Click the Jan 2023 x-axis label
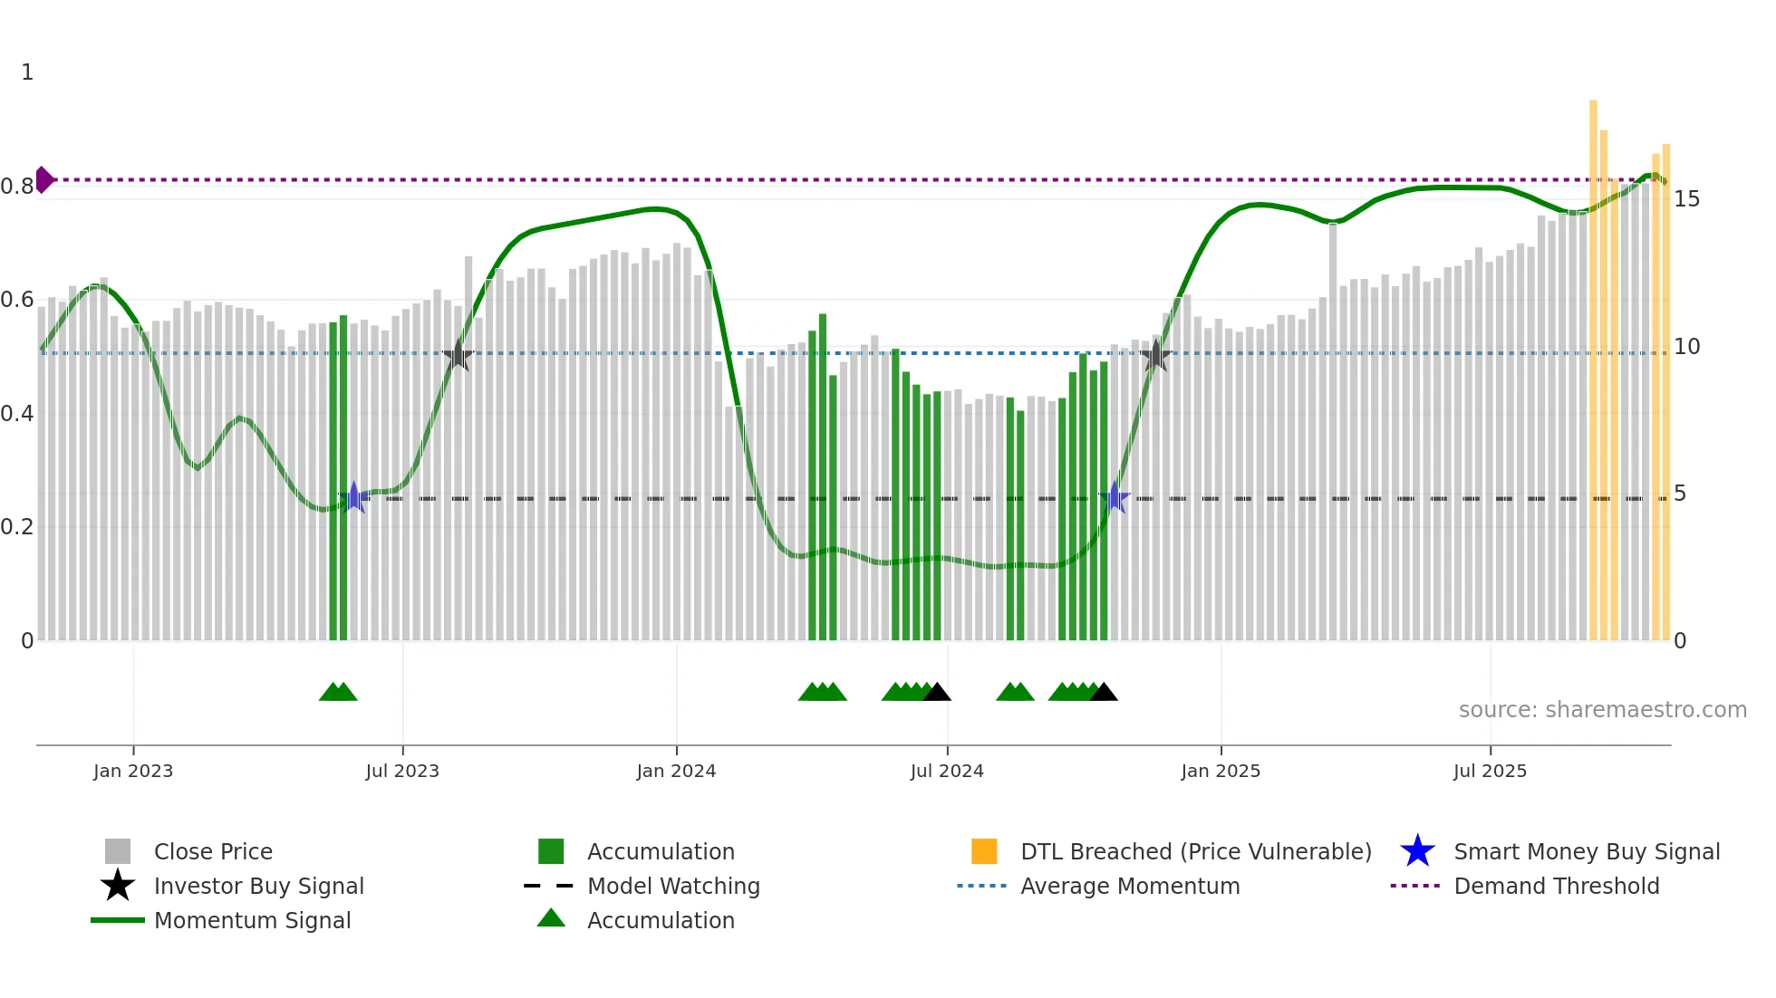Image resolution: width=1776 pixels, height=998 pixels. point(133,772)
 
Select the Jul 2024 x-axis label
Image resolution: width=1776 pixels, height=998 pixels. point(947,772)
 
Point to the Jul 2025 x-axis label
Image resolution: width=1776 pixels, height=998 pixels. point(1490,772)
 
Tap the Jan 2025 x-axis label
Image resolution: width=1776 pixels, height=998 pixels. point(1221,772)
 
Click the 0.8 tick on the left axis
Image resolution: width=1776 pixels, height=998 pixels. point(17,187)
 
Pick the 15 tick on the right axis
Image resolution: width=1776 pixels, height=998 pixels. point(1686,199)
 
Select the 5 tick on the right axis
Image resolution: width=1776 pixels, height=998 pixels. point(1680,494)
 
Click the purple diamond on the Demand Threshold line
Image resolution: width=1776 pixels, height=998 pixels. point(43,179)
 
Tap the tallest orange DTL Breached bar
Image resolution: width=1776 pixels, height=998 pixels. point(1593,362)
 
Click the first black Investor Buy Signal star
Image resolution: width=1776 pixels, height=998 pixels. point(458,355)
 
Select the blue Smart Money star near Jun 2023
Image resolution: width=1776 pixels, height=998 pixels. point(354,498)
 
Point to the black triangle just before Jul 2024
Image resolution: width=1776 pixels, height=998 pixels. point(937,693)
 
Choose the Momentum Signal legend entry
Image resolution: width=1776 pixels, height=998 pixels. point(252,921)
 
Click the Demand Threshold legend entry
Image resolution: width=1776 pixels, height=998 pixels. point(1556,887)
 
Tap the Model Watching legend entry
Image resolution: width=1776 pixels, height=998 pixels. point(672,887)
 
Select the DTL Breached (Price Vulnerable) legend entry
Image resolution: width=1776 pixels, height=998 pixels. point(1195,852)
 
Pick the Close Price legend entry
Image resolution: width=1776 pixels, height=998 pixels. point(212,852)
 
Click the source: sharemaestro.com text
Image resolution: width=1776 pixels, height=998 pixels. point(1602,710)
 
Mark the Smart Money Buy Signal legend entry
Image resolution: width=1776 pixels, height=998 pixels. point(1586,852)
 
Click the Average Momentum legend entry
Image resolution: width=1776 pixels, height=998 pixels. point(1129,887)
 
